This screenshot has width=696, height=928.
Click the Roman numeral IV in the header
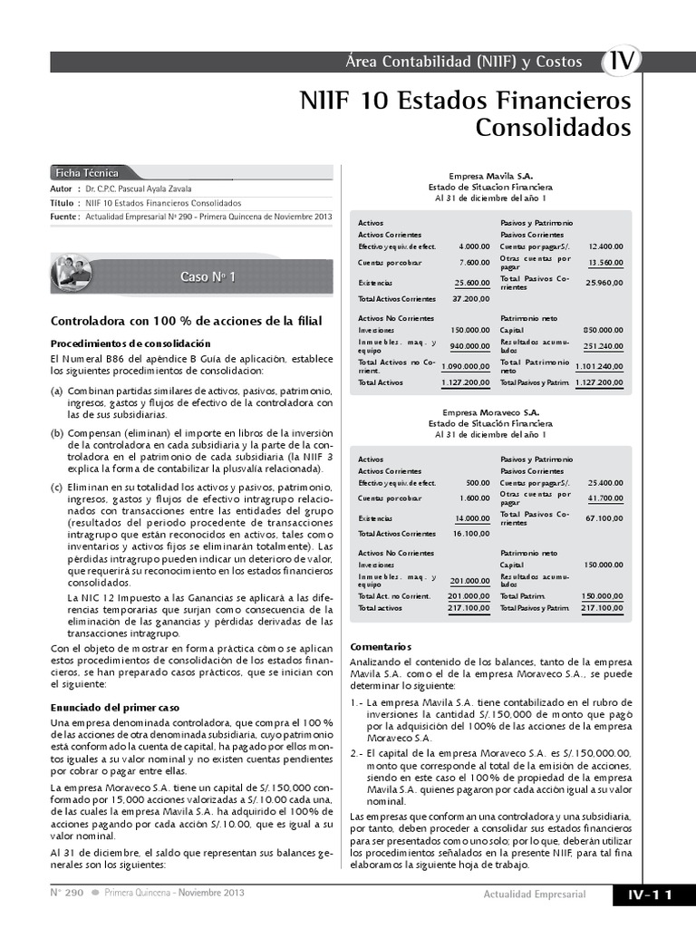tap(622, 61)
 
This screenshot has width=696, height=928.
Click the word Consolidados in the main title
tap(553, 128)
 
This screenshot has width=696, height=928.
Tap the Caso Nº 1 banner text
tap(208, 277)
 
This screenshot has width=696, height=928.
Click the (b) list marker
tap(56, 434)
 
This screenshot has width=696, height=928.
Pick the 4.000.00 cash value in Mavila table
tap(474, 246)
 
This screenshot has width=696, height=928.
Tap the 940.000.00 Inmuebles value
tap(469, 346)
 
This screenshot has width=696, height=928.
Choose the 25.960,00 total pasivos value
tap(604, 283)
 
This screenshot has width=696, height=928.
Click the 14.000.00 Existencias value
tap(471, 518)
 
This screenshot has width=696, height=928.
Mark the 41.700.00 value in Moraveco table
tap(604, 498)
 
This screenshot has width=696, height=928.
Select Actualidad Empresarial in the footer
tap(534, 895)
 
